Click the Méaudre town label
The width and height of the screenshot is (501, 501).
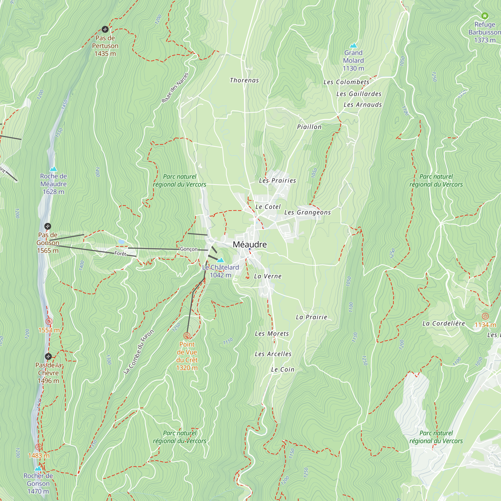[250, 244]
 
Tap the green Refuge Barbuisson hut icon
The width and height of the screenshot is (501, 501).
[485, 16]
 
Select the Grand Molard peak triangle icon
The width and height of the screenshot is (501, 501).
[353, 46]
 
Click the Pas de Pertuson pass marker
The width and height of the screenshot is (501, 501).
[105, 29]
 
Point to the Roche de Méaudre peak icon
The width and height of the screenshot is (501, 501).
[53, 169]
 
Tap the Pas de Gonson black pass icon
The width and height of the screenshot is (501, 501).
[47, 226]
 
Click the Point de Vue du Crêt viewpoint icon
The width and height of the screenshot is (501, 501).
[187, 336]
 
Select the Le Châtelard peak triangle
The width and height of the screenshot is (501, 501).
[220, 260]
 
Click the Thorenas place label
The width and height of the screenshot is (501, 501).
[244, 80]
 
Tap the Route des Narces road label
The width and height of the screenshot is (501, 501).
[175, 88]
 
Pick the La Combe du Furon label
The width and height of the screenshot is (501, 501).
[139, 352]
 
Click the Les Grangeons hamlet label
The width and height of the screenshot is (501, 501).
[308, 212]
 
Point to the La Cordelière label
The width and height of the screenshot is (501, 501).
[443, 323]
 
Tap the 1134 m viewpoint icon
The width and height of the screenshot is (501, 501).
[485, 316]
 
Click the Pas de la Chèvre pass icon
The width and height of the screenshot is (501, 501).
[48, 356]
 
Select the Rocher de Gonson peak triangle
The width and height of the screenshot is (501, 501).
[38, 468]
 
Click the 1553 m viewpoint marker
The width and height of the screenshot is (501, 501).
[49, 322]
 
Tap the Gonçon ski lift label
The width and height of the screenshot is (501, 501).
[189, 249]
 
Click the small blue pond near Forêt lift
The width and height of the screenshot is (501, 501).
[121, 242]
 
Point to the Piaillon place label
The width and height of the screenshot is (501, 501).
[309, 127]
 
